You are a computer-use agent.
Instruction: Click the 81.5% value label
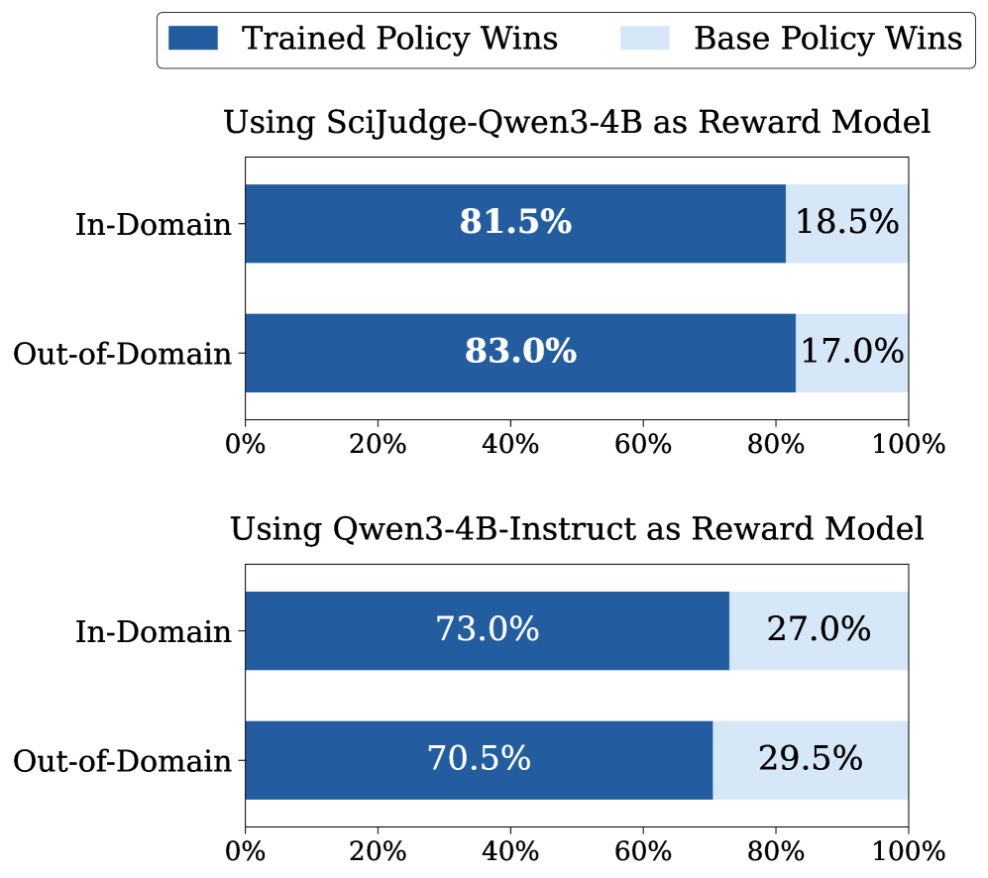[x=515, y=223]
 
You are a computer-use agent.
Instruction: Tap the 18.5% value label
[x=847, y=223]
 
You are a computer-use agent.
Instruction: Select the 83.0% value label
[x=520, y=353]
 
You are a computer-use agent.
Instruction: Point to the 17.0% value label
[x=852, y=353]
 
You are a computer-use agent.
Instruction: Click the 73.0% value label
[x=487, y=630]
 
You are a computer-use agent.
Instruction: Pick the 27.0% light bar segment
[x=819, y=630]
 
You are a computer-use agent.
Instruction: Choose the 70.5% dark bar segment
[x=479, y=760]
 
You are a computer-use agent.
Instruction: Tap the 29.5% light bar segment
[x=811, y=760]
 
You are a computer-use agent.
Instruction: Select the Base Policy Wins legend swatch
[x=646, y=39]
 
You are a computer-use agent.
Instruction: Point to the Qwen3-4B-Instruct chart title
[x=577, y=530]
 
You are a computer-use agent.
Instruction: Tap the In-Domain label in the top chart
[x=154, y=225]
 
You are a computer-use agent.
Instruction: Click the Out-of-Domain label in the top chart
[x=122, y=354]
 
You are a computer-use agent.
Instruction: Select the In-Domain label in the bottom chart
[x=154, y=631]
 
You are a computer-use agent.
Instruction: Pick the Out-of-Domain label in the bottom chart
[x=122, y=761]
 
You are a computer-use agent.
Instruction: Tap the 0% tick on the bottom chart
[x=245, y=850]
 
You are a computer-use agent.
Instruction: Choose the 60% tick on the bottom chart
[x=643, y=850]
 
